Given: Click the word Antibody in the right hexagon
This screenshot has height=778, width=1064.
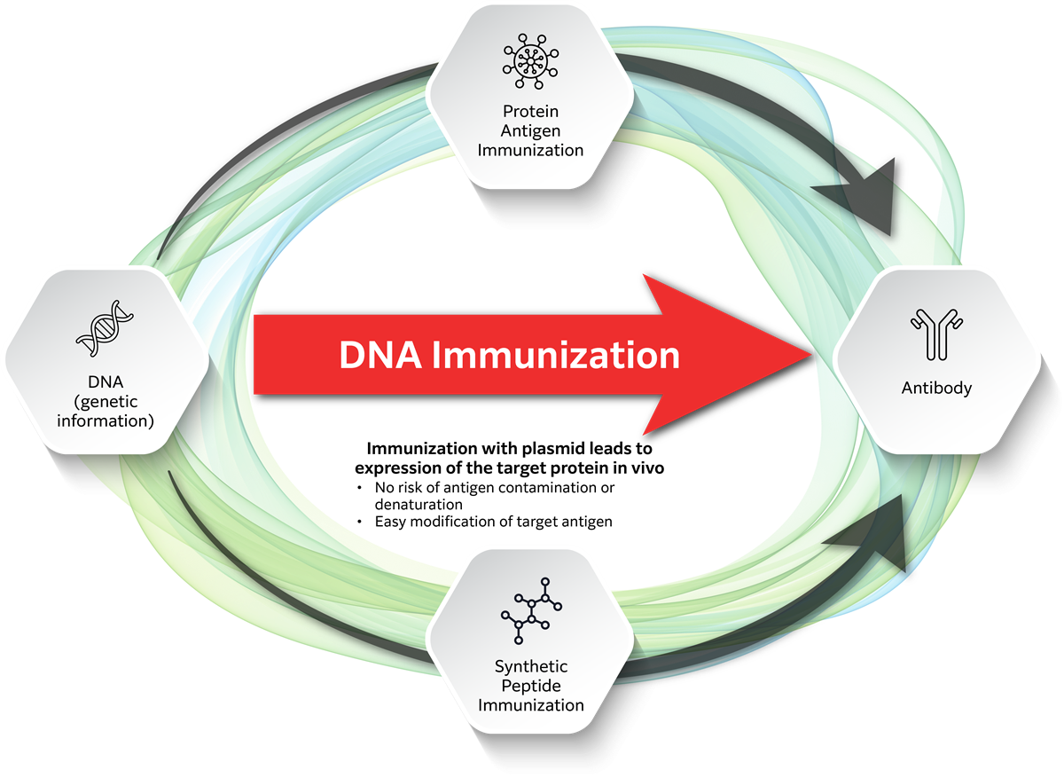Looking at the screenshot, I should click(936, 388).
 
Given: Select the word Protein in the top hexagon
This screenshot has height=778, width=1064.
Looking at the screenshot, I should click(530, 112).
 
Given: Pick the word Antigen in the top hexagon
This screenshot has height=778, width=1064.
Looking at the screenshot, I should click(530, 130).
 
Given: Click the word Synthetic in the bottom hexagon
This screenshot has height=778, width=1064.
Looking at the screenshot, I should click(530, 666).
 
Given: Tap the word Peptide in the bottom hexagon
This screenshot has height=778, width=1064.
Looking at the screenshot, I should click(530, 686).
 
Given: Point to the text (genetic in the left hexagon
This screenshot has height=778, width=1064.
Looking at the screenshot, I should click(106, 402).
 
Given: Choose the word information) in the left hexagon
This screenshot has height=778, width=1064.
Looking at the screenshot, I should click(106, 420).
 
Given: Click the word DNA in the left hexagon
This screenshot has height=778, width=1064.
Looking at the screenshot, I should click(106, 383).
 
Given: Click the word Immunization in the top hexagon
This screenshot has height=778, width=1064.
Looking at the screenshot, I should click(530, 149).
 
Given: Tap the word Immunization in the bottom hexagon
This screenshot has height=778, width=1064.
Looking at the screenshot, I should click(530, 705).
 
